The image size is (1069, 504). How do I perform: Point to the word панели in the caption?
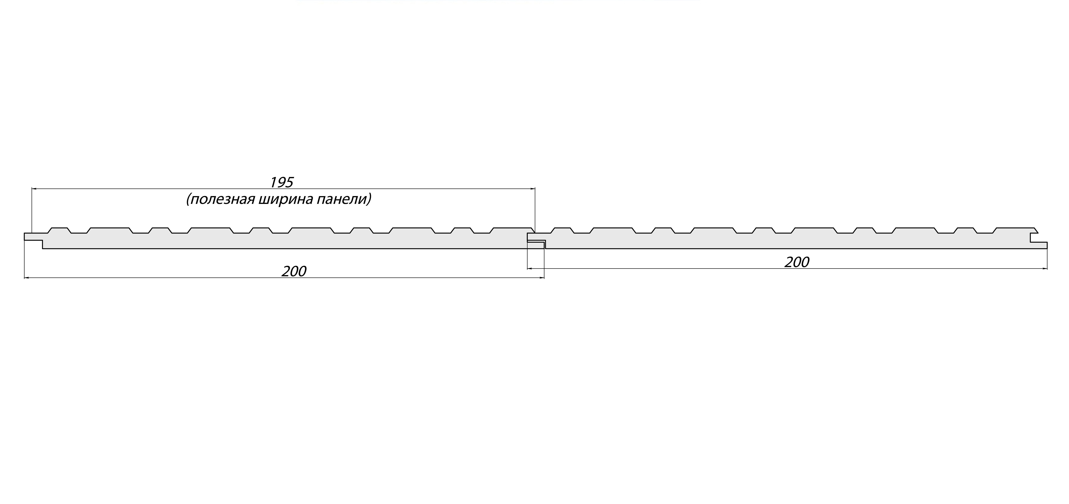tap(341, 200)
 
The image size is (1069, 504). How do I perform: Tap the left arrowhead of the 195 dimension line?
tap(35, 189)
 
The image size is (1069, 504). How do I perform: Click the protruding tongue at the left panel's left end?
tap(33, 237)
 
